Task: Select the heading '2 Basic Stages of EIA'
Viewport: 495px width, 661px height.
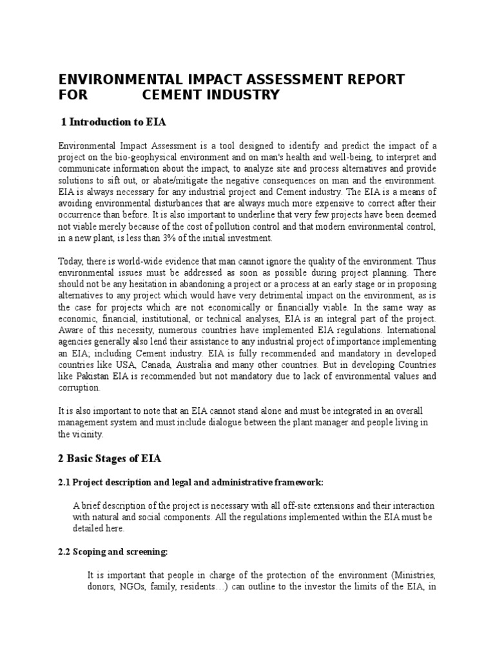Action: (x=110, y=459)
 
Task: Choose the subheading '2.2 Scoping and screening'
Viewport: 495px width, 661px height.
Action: (x=113, y=551)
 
